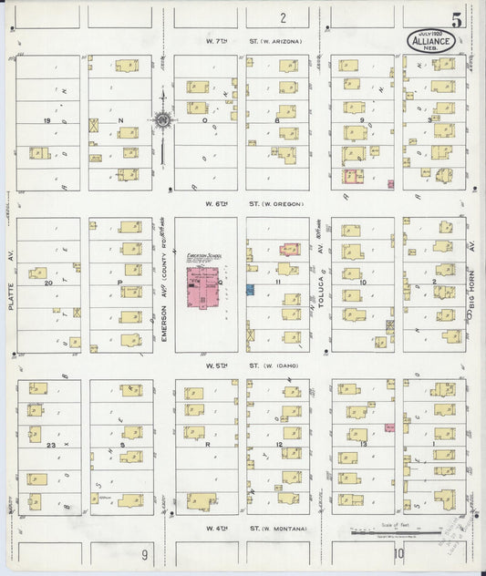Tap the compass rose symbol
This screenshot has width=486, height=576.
click(x=162, y=120)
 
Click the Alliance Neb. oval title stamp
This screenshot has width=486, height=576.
click(x=428, y=41)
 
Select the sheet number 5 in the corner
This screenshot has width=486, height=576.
click(x=467, y=19)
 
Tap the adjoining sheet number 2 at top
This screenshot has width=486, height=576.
click(x=283, y=17)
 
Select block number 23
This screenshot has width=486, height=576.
click(x=53, y=444)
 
